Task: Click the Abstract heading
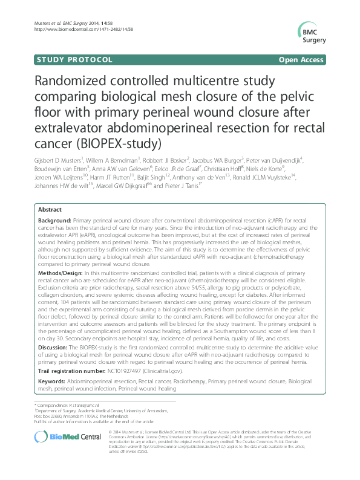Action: (x=50, y=208)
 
